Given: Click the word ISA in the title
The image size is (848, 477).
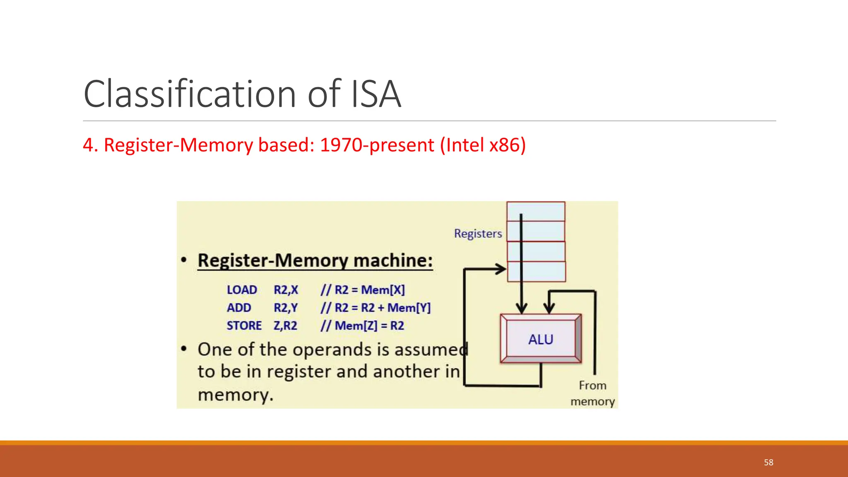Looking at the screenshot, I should (x=376, y=94).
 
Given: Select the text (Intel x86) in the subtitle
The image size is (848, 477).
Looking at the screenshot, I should (x=483, y=145).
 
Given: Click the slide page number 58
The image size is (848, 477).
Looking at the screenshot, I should (x=768, y=463).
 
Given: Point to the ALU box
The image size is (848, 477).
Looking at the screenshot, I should (x=541, y=339).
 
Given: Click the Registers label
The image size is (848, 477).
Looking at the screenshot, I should (x=478, y=234).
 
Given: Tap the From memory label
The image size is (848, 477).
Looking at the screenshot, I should (x=593, y=393).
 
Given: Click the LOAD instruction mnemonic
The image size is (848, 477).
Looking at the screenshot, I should (x=242, y=290).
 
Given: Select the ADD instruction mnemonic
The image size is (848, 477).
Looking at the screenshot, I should (x=239, y=308).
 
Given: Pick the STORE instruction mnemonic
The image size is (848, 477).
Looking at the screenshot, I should (x=244, y=326).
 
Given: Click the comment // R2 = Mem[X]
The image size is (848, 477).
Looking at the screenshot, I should (x=363, y=290).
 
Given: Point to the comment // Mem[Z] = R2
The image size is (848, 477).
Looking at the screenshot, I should (x=362, y=326).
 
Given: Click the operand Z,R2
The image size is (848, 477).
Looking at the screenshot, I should (x=285, y=326).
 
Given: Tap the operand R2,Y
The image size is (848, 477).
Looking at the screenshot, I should (x=286, y=308).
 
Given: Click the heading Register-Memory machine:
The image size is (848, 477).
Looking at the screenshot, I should (x=315, y=260).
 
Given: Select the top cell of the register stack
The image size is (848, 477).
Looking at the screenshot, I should (x=536, y=212).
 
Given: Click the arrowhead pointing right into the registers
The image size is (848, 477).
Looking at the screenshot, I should (x=501, y=269).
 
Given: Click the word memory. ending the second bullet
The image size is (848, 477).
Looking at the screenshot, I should (x=235, y=395).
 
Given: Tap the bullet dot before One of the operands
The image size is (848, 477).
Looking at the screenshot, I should (x=184, y=349).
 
